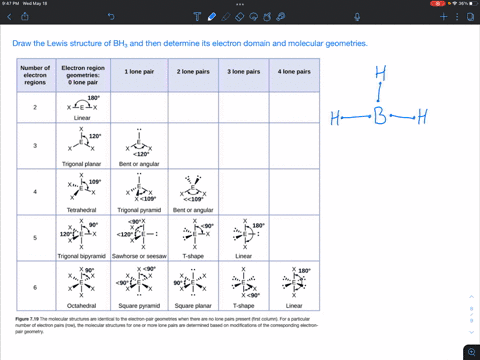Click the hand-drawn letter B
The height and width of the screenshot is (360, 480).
click(x=380, y=119)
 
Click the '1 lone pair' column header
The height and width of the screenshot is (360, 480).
click(x=138, y=73)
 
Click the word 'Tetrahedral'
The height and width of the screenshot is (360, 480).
click(x=85, y=210)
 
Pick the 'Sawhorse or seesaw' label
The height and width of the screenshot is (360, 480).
click(x=138, y=257)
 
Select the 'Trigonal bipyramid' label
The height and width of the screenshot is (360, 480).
click(x=85, y=257)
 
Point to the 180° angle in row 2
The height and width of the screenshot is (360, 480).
click(x=93, y=98)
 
